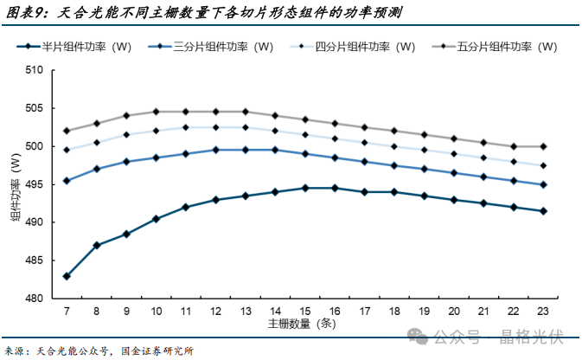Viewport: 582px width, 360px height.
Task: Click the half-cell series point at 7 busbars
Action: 67,276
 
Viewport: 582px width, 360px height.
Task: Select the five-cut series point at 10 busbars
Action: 156,112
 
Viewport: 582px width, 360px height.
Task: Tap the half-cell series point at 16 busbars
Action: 335,188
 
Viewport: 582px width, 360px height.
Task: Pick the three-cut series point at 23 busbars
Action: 543,184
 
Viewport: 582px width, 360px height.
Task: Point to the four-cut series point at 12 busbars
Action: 215,127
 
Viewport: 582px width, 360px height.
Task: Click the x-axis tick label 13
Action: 245,311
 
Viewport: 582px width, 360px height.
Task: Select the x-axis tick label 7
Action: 67,311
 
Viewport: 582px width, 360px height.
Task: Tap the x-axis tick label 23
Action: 543,311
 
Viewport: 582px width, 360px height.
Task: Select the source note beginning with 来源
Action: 99,350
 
